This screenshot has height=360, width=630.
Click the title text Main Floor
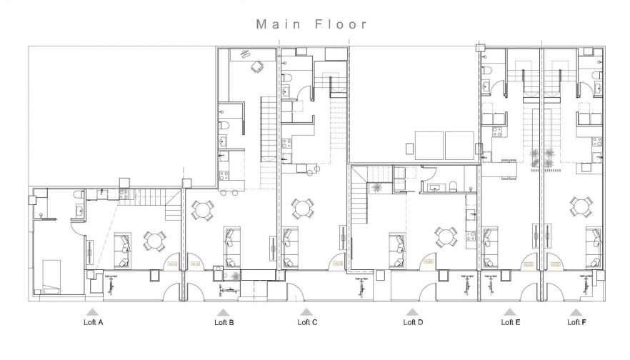click(312, 24)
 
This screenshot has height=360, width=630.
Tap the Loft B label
click(224, 323)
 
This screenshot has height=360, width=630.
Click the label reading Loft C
click(307, 323)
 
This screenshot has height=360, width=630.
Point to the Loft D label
click(413, 323)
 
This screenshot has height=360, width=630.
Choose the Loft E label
click(510, 323)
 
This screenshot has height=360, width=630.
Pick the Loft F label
click(576, 323)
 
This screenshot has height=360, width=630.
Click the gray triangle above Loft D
click(412, 312)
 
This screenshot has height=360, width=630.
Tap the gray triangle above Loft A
click(91, 312)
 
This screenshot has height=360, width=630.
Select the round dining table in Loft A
click(154, 240)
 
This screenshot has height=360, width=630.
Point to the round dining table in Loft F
click(580, 208)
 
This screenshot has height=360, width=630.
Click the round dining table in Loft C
click(303, 209)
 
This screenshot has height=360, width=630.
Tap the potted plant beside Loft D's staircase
click(376, 187)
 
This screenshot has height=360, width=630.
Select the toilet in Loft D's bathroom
click(453, 188)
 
